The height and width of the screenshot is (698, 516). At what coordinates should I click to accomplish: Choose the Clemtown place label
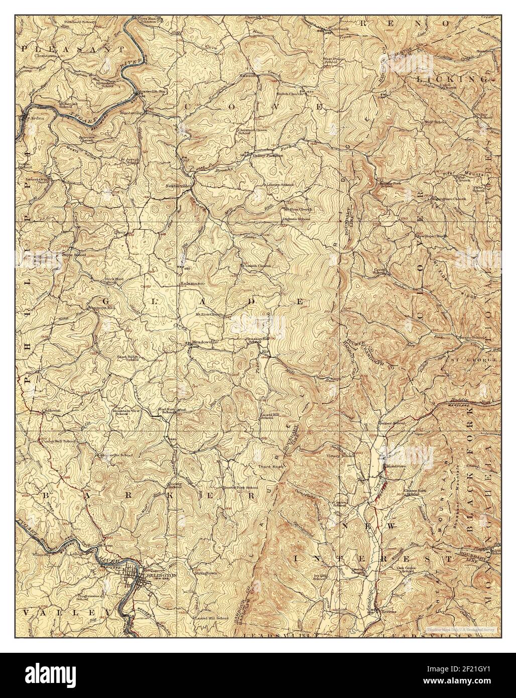(x=34, y=70)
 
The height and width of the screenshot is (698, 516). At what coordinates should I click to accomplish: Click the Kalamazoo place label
(x=192, y=284)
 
